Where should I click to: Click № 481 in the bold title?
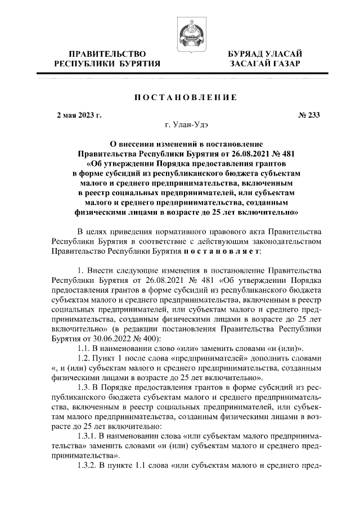coord(282,154)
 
